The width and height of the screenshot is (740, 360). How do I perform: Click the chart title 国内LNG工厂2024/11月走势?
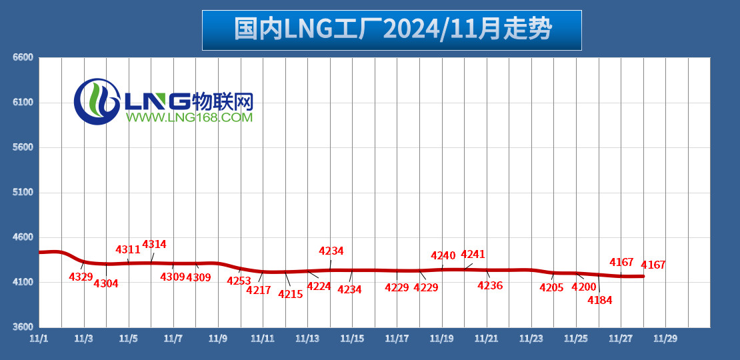point(392,30)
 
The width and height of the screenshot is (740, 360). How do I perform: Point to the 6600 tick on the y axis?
point(23,57)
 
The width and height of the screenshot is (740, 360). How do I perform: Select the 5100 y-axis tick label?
point(23,193)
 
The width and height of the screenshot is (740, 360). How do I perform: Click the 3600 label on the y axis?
point(23,327)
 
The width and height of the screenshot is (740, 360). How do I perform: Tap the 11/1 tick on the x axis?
point(39,339)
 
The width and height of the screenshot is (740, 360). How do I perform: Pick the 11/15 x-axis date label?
point(352,339)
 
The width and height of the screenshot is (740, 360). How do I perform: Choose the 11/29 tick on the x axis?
point(665,339)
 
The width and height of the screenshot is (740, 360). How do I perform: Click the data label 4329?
point(81,277)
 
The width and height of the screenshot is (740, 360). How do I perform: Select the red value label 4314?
point(154,245)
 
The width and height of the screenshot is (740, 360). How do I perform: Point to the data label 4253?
point(239,281)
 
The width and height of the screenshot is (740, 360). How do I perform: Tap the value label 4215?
point(291,294)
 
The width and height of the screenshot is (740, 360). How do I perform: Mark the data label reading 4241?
point(473,254)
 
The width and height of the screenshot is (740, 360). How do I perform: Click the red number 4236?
point(490,285)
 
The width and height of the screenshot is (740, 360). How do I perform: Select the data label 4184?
point(599,301)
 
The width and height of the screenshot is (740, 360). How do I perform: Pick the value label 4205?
point(551,288)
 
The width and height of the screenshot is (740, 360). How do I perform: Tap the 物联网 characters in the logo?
point(223,101)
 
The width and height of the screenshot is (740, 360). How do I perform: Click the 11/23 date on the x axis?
point(531,339)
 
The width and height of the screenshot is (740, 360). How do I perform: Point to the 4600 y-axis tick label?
point(23,237)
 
